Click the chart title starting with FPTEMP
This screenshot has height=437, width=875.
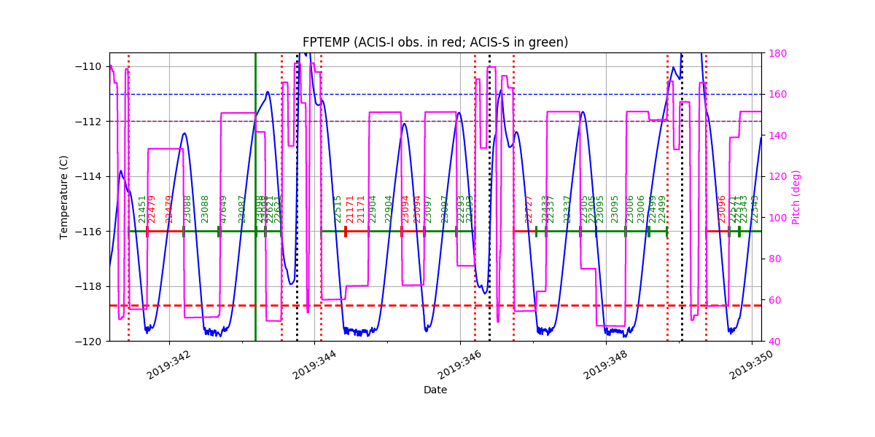[435, 42]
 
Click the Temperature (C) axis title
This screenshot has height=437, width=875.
[64, 197]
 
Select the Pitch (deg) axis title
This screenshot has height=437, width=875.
[796, 197]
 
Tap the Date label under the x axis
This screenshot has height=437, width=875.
[435, 390]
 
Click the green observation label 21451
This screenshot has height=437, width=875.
[143, 208]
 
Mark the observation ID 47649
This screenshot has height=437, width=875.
[224, 208]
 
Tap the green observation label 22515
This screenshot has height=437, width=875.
[338, 208]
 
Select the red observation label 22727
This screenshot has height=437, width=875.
[529, 208]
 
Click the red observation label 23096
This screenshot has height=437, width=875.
[722, 208]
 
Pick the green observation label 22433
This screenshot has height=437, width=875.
[545, 208]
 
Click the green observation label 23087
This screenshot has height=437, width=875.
[242, 208]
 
